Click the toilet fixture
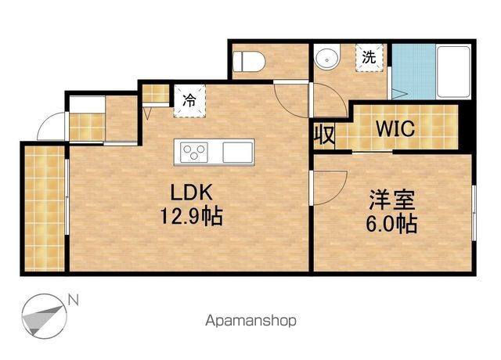click(x=249, y=62)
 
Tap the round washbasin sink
click(x=327, y=59)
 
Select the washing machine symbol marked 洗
click(x=369, y=57)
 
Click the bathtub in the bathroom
click(x=454, y=72)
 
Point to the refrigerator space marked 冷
click(x=189, y=101)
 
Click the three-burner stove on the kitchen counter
click(x=194, y=152)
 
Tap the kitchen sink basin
click(x=238, y=152)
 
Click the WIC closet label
click(x=395, y=128)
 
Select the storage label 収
click(x=324, y=135)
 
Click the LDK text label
click(x=191, y=193)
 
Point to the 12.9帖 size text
click(x=192, y=216)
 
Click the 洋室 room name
click(x=392, y=200)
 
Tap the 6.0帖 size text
click(x=391, y=224)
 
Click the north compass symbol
click(x=44, y=316)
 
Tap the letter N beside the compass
click(x=74, y=301)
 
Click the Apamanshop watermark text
click(x=250, y=321)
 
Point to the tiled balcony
click(x=45, y=209)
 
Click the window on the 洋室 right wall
click(x=474, y=213)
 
